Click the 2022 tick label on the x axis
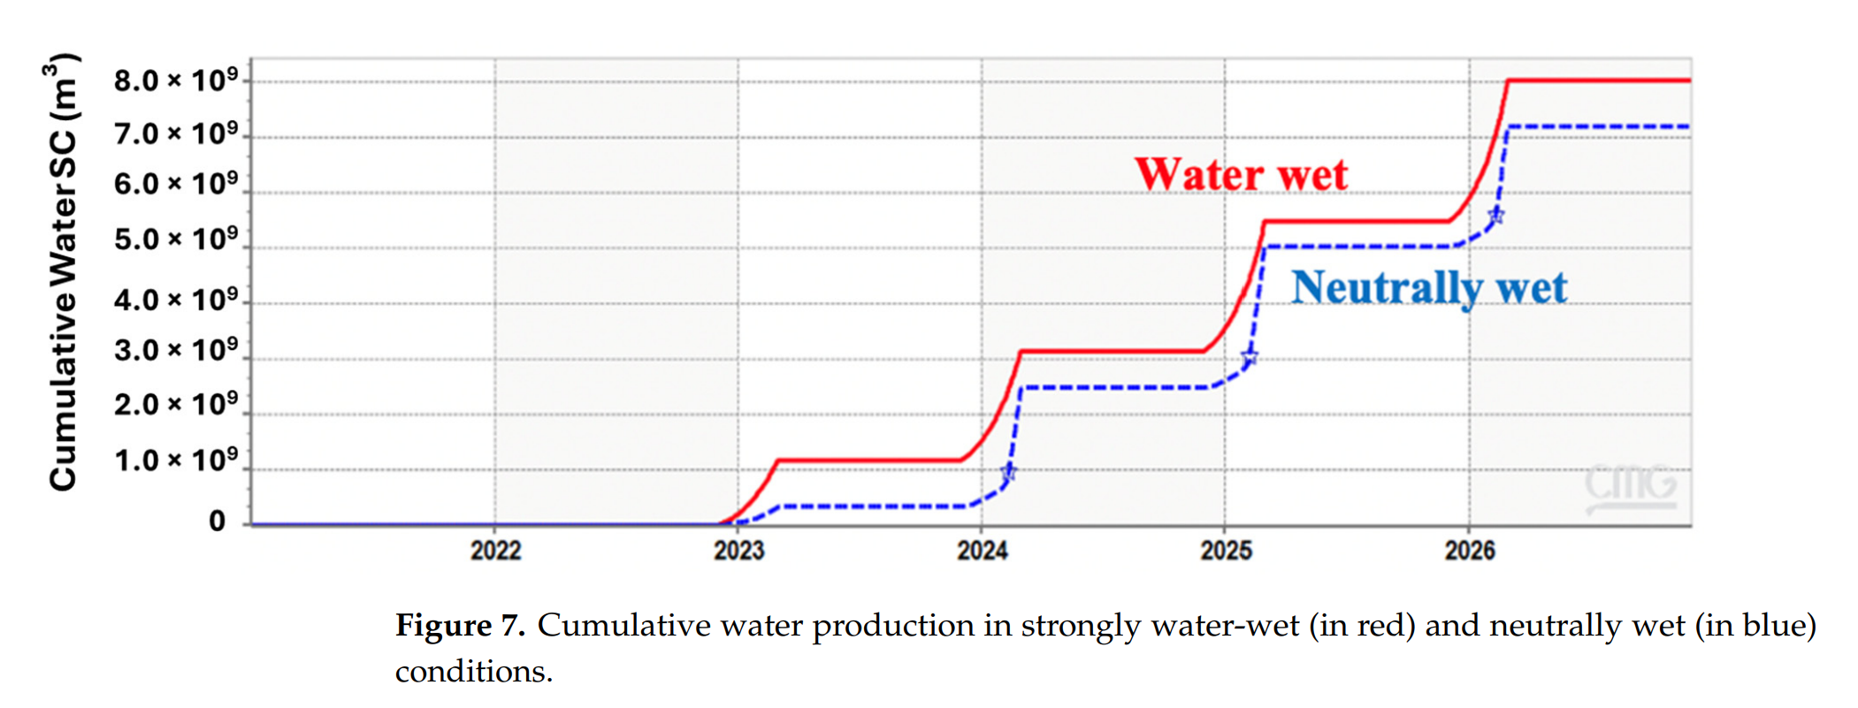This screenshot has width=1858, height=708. (495, 551)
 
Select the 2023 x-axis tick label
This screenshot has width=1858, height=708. (738, 551)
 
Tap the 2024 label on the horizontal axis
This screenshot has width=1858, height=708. (982, 551)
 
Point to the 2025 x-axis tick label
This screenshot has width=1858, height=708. (1226, 551)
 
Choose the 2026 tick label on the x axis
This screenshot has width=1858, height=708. (1469, 551)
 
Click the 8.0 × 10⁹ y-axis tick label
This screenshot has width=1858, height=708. (176, 80)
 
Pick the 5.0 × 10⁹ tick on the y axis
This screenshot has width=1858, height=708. (176, 239)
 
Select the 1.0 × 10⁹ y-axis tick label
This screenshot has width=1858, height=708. (176, 460)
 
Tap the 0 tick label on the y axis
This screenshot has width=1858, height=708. (218, 521)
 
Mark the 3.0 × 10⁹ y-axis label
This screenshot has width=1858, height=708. (176, 350)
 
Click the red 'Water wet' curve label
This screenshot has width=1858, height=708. (1241, 174)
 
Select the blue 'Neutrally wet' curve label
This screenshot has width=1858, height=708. (1428, 288)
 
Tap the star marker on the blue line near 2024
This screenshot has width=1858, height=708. (1008, 473)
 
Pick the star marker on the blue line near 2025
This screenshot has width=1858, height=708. (1249, 358)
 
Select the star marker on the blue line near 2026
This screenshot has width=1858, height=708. (1495, 216)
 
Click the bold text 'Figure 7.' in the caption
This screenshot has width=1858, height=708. (460, 626)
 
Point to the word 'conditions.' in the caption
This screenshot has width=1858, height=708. (473, 672)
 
